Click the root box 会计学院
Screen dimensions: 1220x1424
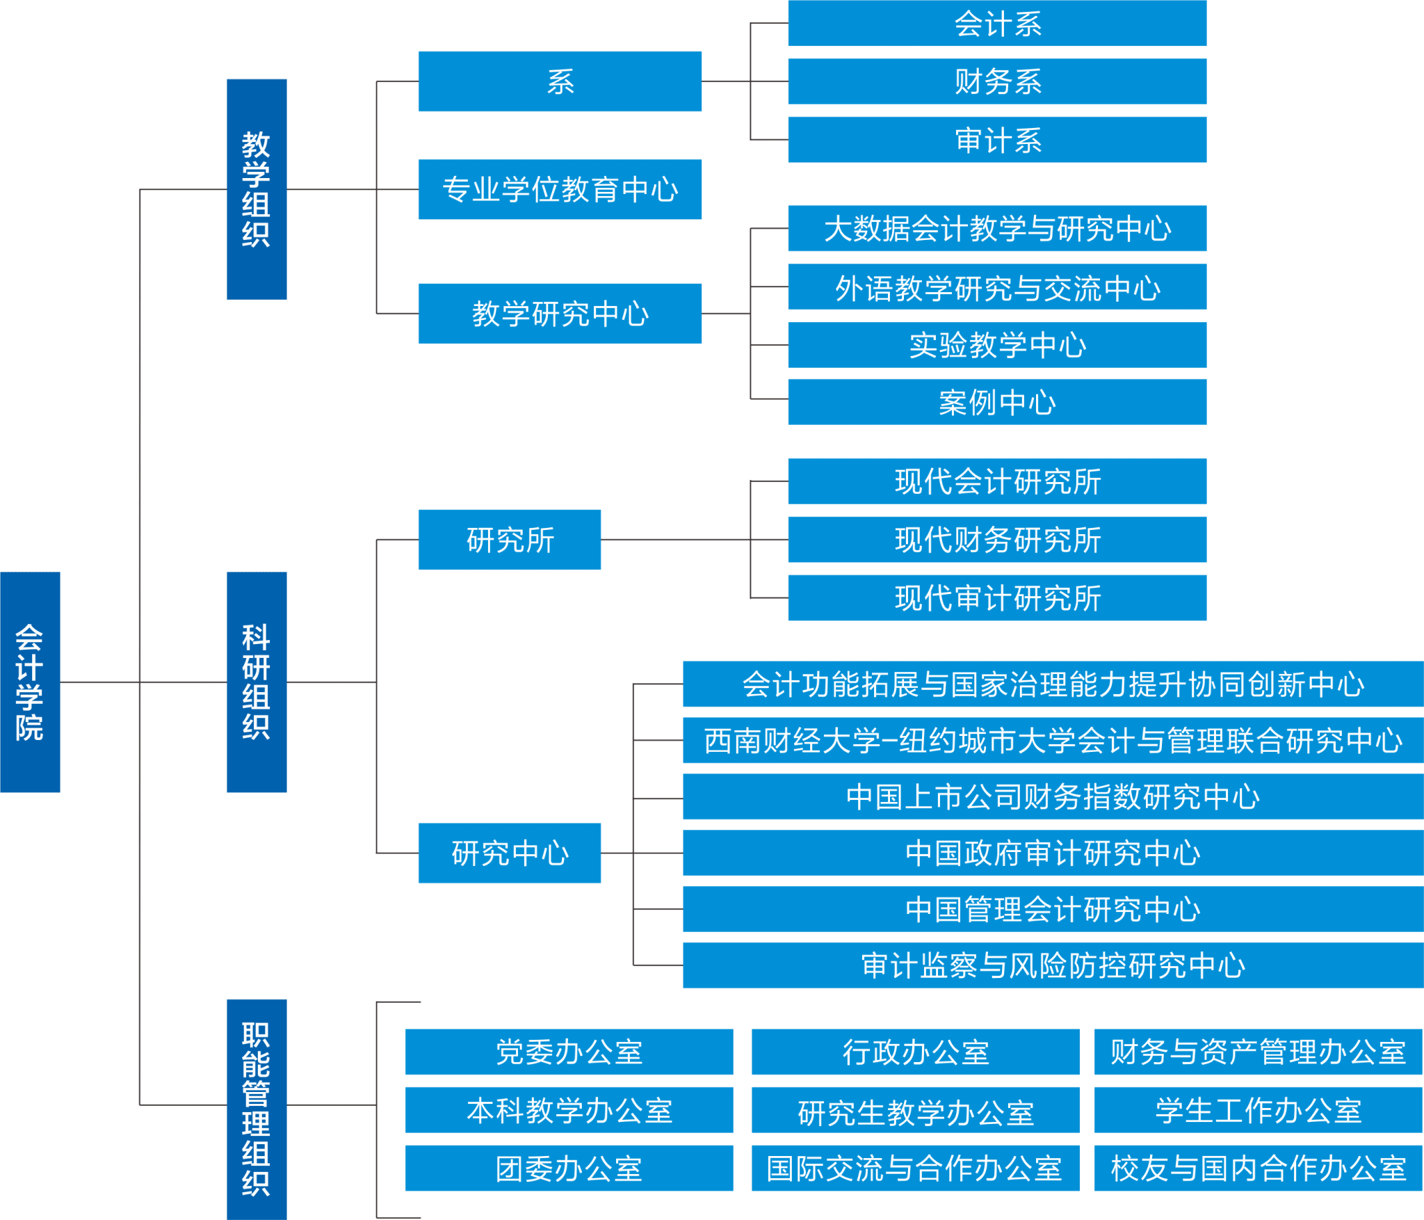(30, 682)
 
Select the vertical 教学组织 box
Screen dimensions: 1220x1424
(256, 189)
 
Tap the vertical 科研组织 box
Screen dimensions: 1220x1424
(256, 682)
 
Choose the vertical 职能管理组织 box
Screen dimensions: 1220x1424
(256, 1109)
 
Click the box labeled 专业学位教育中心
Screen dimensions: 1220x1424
(560, 189)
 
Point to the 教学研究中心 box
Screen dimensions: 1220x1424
(560, 314)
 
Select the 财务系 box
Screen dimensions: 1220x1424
(997, 81)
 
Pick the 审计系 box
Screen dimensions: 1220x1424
(997, 140)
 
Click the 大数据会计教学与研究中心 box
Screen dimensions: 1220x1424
(997, 228)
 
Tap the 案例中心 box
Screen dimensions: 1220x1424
(997, 402)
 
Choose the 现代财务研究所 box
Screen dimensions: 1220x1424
(997, 539)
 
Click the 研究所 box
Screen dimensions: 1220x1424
(510, 540)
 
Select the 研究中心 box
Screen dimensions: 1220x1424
(510, 853)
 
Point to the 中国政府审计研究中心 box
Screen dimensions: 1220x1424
(1053, 853)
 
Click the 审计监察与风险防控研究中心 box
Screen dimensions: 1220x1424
(1053, 965)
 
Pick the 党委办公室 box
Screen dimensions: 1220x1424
(569, 1052)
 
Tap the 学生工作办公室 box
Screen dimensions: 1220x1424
(1258, 1110)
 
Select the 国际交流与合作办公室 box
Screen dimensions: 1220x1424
(915, 1169)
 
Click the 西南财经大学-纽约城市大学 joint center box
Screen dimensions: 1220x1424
(1053, 741)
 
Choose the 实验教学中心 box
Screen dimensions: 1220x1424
(997, 345)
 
